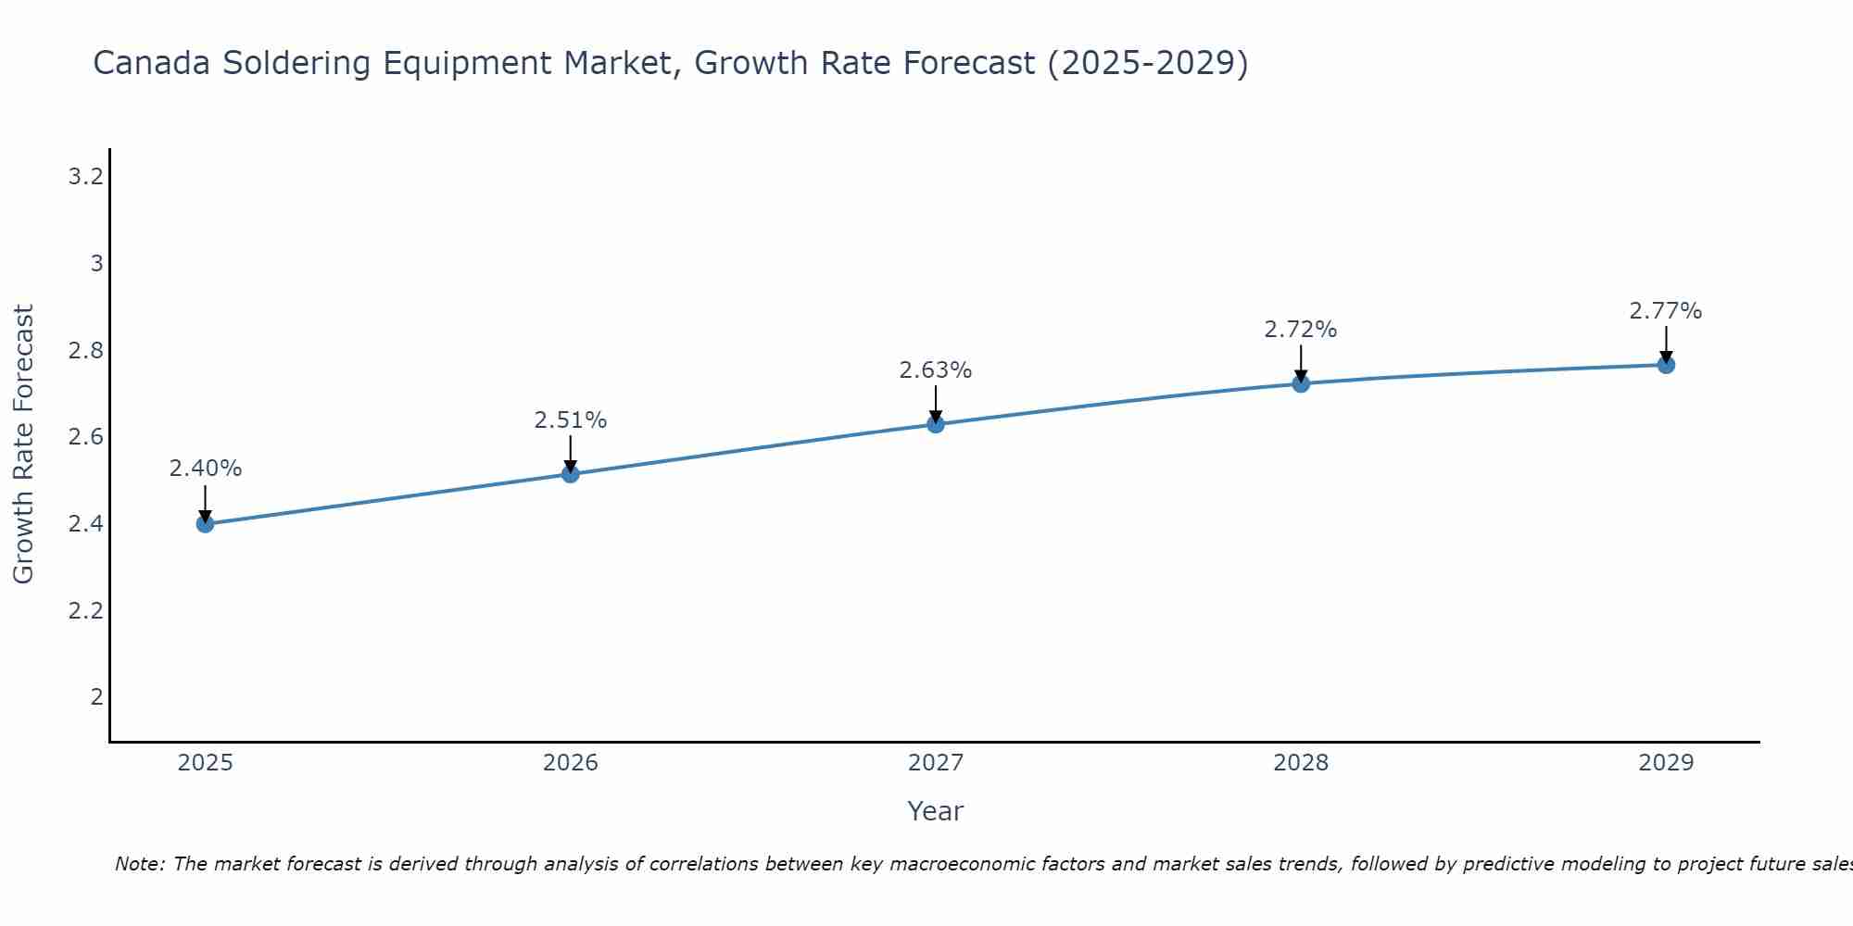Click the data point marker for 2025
coord(205,524)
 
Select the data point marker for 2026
coord(571,474)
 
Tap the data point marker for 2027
coord(936,424)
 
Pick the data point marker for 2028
coord(1301,383)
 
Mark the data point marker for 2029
coord(1666,365)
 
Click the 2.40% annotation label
coord(205,469)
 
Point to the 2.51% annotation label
coord(571,420)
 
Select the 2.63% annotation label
coord(936,370)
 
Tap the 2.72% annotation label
coord(1301,330)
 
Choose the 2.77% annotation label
coord(1666,311)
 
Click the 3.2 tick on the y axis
coord(85,176)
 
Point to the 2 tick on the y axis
coord(96,696)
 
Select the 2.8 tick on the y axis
coord(85,350)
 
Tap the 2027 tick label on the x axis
coord(936,763)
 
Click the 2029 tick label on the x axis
coord(1666,763)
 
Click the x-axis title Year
coord(936,811)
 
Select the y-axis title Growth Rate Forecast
coord(23,444)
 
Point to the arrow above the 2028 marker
coord(1301,363)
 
